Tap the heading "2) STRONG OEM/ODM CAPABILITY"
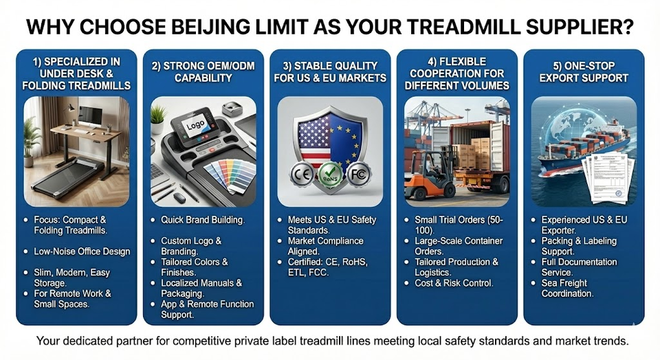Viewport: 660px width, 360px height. tap(203, 72)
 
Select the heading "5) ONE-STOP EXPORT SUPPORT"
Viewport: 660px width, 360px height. tap(584, 72)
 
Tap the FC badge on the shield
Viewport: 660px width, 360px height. tap(358, 174)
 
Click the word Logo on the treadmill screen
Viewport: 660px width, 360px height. tap(195, 125)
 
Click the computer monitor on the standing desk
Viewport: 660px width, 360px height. tap(90, 116)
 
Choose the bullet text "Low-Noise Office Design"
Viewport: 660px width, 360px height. tap(82, 251)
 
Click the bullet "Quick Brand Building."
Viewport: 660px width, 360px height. tap(202, 220)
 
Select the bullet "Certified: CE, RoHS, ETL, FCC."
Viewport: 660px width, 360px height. tap(327, 267)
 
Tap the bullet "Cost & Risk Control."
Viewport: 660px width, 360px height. tap(454, 283)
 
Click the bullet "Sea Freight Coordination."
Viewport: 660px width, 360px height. tap(567, 288)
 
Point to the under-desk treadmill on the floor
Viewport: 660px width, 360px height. tap(68, 176)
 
